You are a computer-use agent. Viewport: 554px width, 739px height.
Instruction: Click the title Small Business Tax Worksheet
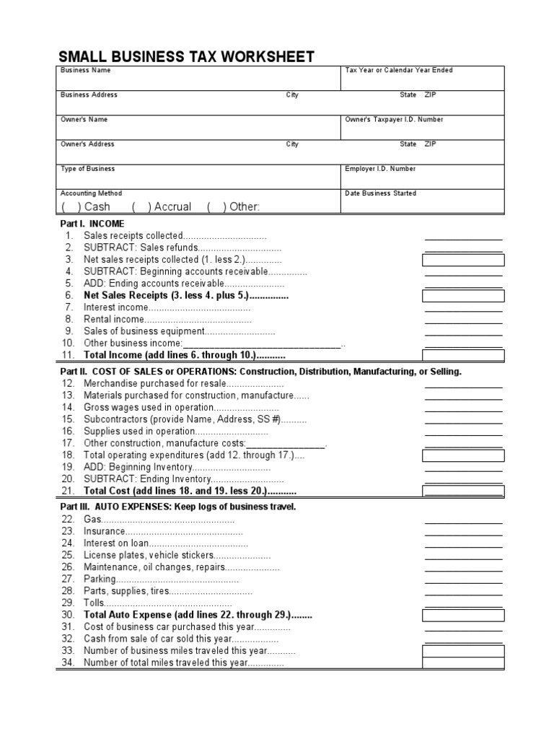point(186,57)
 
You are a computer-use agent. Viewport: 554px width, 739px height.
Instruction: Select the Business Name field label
point(85,71)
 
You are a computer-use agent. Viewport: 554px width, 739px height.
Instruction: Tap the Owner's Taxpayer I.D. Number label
point(394,120)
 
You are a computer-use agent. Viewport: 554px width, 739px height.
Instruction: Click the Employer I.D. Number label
point(380,169)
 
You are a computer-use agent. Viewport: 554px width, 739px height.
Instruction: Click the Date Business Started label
point(380,193)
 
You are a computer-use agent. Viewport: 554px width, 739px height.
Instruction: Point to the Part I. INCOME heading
point(92,224)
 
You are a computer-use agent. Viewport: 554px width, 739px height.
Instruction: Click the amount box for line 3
point(463,260)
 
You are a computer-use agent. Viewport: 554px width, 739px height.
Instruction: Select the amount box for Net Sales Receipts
point(463,295)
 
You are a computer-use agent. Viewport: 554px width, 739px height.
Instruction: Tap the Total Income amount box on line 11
point(463,354)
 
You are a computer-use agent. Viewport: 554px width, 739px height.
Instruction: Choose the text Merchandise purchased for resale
point(155,384)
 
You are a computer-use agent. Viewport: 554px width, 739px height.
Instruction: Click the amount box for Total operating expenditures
point(463,455)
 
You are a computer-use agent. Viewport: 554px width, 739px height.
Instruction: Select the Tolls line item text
point(94,603)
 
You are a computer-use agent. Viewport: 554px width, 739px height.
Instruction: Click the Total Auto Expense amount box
point(463,615)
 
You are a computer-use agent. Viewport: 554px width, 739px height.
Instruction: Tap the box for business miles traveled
point(463,650)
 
